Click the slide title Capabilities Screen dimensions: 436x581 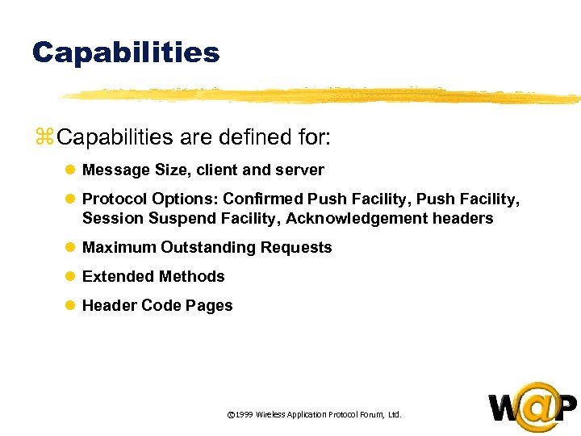click(126, 52)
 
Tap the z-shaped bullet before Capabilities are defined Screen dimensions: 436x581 click(44, 137)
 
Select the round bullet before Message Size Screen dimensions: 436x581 click(70, 170)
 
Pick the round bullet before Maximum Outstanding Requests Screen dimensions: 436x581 click(70, 248)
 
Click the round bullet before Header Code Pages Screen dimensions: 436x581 click(70, 306)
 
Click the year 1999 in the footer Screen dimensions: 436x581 click(245, 415)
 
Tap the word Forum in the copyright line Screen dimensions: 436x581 click(369, 415)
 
